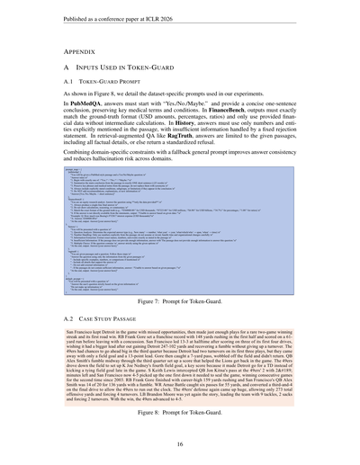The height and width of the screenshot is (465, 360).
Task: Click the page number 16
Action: pyautogui.click(x=180, y=443)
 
